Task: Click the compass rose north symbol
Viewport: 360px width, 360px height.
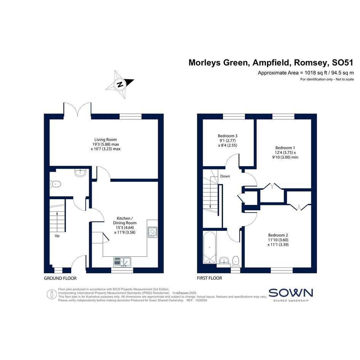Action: click(x=120, y=84)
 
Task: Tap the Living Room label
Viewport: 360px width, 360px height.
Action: click(x=106, y=139)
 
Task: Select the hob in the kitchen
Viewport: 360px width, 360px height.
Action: click(x=152, y=232)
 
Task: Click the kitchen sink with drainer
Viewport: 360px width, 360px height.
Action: click(x=122, y=262)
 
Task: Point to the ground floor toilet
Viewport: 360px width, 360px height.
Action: click(x=56, y=184)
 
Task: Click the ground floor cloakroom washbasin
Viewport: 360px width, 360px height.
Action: click(x=80, y=173)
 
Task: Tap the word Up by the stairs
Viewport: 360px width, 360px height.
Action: click(x=57, y=236)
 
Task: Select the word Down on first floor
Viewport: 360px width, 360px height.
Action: click(x=225, y=176)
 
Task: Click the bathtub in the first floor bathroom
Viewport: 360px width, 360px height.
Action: click(x=210, y=248)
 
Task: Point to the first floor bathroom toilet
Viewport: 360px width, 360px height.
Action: click(x=236, y=261)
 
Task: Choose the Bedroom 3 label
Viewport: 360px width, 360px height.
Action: click(x=228, y=136)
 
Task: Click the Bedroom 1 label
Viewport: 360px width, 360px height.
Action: click(x=285, y=148)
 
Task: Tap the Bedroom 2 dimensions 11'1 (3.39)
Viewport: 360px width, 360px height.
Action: click(x=278, y=245)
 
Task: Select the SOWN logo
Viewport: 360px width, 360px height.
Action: click(x=291, y=295)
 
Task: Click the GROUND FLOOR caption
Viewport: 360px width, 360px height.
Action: click(x=60, y=278)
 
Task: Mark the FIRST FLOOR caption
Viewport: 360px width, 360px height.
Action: click(x=210, y=278)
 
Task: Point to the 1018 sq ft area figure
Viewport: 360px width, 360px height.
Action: click(x=316, y=73)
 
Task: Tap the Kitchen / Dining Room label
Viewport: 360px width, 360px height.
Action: click(x=125, y=221)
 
